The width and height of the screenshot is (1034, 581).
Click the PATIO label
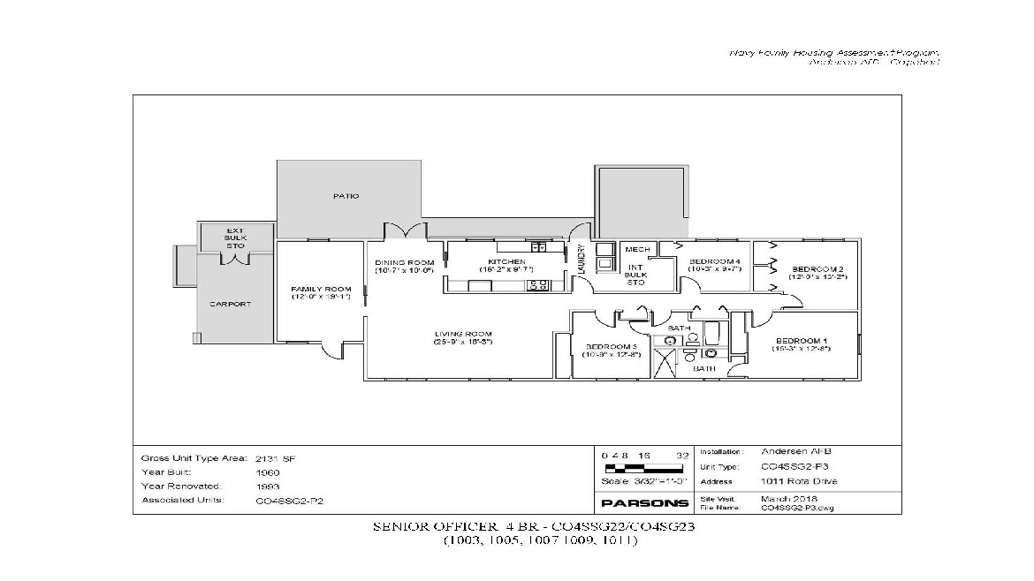346,196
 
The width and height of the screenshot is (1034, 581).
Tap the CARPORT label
230,304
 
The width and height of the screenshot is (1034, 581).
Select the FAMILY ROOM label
321,289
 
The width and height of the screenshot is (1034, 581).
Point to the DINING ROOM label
404,262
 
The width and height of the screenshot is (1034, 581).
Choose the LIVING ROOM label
462,334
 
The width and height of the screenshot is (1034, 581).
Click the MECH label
637,250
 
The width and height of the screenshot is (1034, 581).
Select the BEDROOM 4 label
714,262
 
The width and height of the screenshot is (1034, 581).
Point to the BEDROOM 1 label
801,341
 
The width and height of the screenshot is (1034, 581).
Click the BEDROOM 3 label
610,346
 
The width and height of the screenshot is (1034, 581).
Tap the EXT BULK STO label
234,238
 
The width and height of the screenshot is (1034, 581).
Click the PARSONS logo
644,502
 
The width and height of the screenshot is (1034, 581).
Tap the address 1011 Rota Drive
798,481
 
